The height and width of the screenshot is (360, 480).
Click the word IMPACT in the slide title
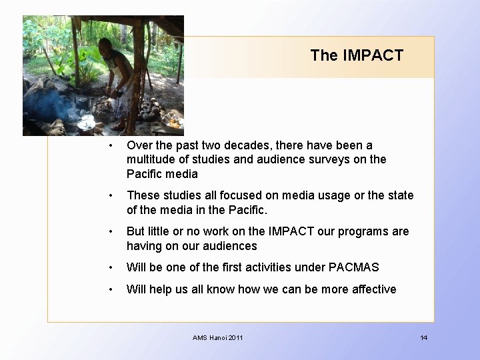point(373,55)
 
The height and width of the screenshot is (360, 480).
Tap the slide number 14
point(423,338)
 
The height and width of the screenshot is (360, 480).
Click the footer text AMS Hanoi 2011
point(218,338)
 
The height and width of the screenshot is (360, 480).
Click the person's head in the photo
point(105,46)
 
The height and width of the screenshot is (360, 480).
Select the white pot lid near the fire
point(87,124)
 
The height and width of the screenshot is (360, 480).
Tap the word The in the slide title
point(324,55)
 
